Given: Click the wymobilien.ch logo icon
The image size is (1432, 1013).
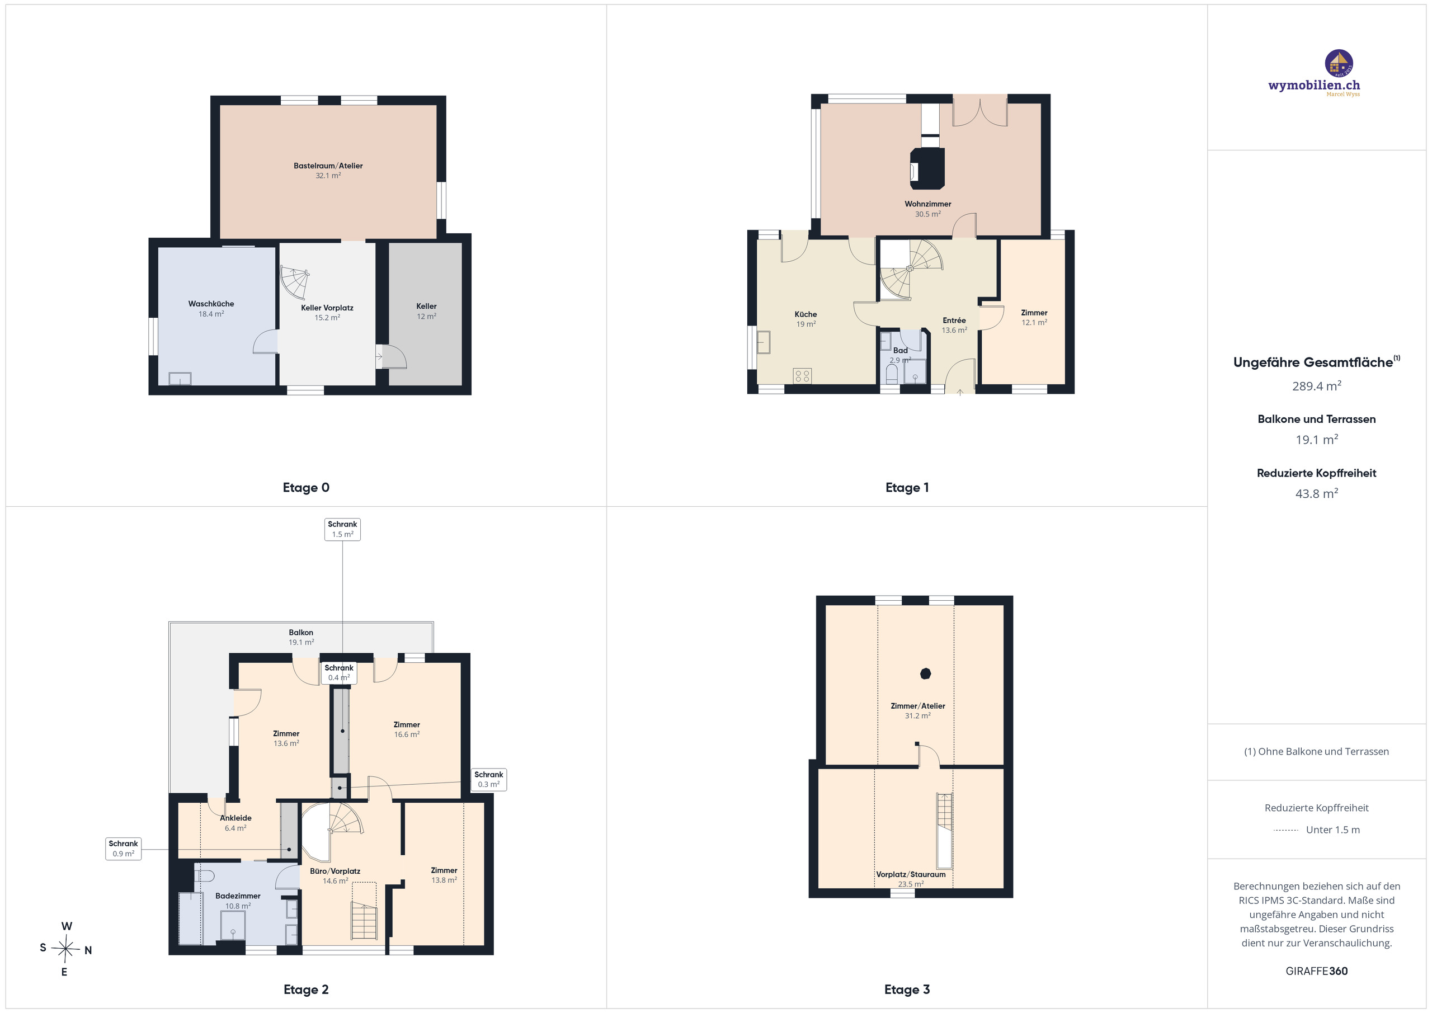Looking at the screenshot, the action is (1339, 64).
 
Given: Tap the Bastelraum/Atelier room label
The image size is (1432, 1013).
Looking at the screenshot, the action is (328, 166).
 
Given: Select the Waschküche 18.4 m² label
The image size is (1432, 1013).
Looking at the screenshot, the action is (211, 309).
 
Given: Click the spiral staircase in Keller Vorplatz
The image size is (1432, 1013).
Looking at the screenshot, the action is (294, 282).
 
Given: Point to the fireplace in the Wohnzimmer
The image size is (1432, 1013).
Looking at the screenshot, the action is (927, 167).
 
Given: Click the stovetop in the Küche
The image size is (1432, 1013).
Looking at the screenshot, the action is (802, 375).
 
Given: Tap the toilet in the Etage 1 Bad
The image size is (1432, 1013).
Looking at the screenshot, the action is (892, 375).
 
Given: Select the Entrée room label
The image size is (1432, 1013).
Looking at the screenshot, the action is (954, 321).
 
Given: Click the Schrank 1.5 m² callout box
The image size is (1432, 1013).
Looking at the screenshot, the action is (342, 530).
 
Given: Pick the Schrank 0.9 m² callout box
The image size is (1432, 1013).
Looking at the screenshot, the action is (124, 849).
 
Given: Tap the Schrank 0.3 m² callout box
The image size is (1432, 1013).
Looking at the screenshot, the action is (488, 780).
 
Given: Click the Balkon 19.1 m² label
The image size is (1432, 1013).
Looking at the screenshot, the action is (302, 638).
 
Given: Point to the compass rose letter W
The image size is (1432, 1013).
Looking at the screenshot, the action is (67, 926).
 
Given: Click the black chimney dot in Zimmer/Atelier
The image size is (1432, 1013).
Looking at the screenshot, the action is (926, 673).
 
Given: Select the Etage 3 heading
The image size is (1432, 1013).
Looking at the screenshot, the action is (907, 990).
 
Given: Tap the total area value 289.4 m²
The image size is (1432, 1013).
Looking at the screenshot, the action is (1317, 386).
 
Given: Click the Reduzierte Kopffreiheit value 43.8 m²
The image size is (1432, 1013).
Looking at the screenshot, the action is (1317, 493).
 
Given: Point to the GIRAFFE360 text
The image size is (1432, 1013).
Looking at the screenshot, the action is (1317, 971).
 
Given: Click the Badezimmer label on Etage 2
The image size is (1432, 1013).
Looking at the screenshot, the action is (238, 896).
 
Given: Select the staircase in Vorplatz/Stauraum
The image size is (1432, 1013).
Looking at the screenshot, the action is (945, 831).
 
